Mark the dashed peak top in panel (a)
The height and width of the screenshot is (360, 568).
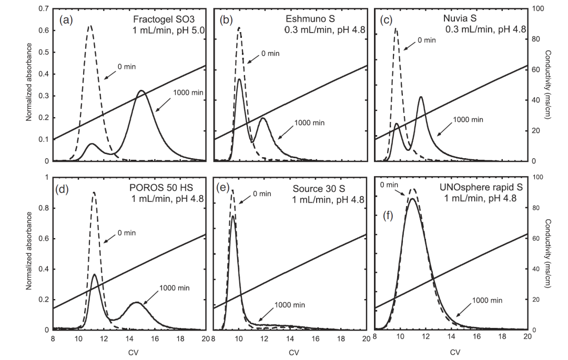90,26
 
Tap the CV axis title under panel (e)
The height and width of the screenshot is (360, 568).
293,352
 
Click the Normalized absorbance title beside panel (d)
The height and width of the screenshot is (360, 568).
29,253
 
